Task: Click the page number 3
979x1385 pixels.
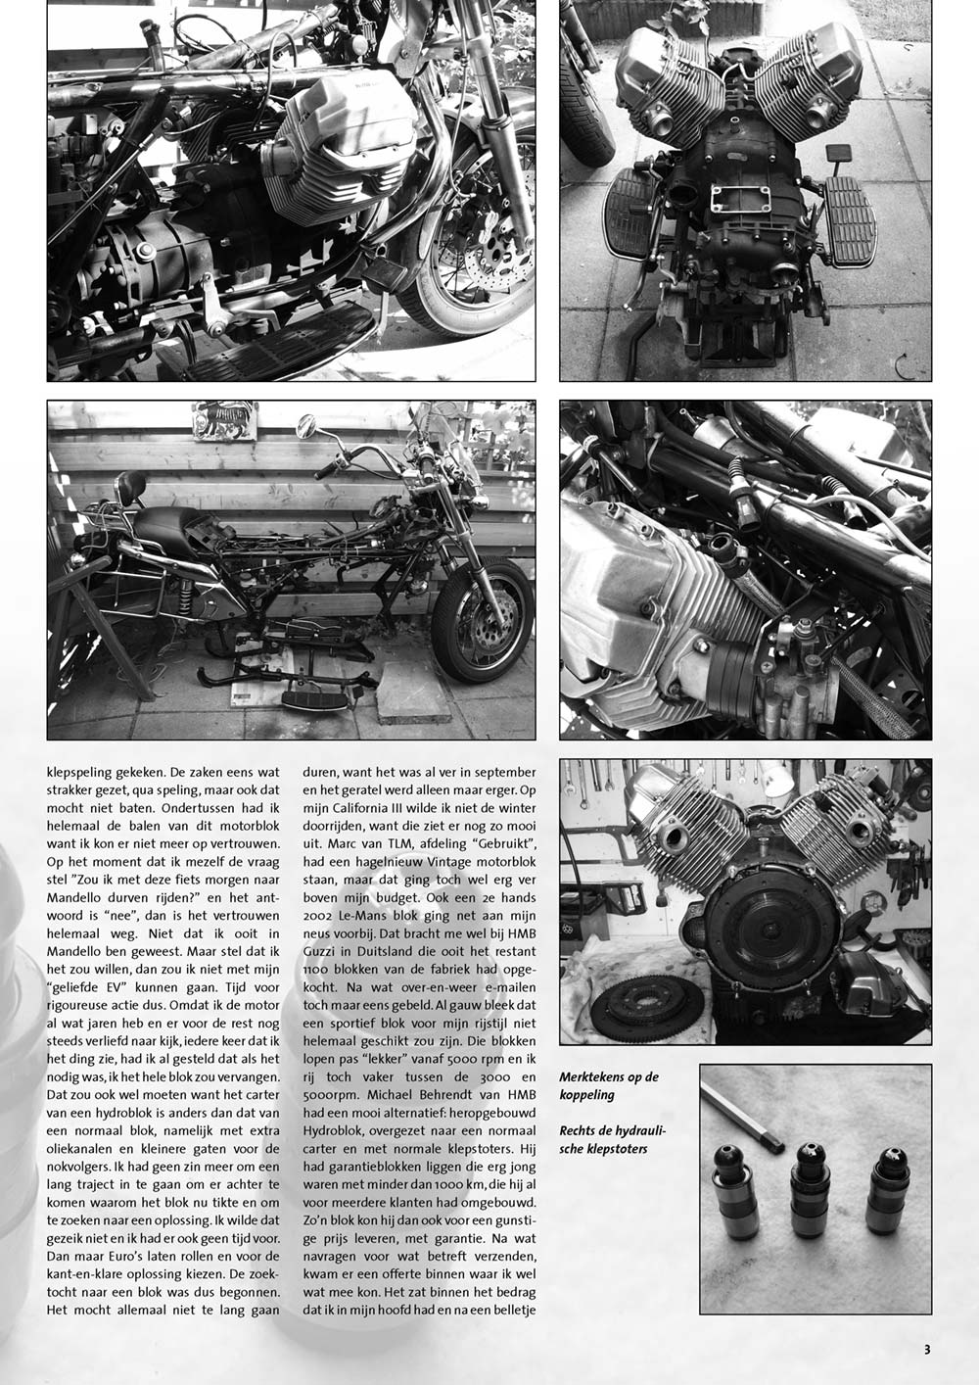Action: click(x=927, y=1349)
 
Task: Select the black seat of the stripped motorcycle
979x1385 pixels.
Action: click(x=163, y=527)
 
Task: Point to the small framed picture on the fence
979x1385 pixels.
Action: click(x=225, y=420)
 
